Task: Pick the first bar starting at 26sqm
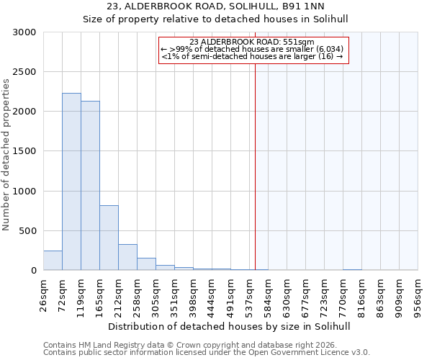[53, 261]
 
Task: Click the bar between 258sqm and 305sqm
[146, 264]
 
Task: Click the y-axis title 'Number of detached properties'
[6, 155]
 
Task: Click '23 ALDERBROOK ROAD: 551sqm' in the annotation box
[252, 42]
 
